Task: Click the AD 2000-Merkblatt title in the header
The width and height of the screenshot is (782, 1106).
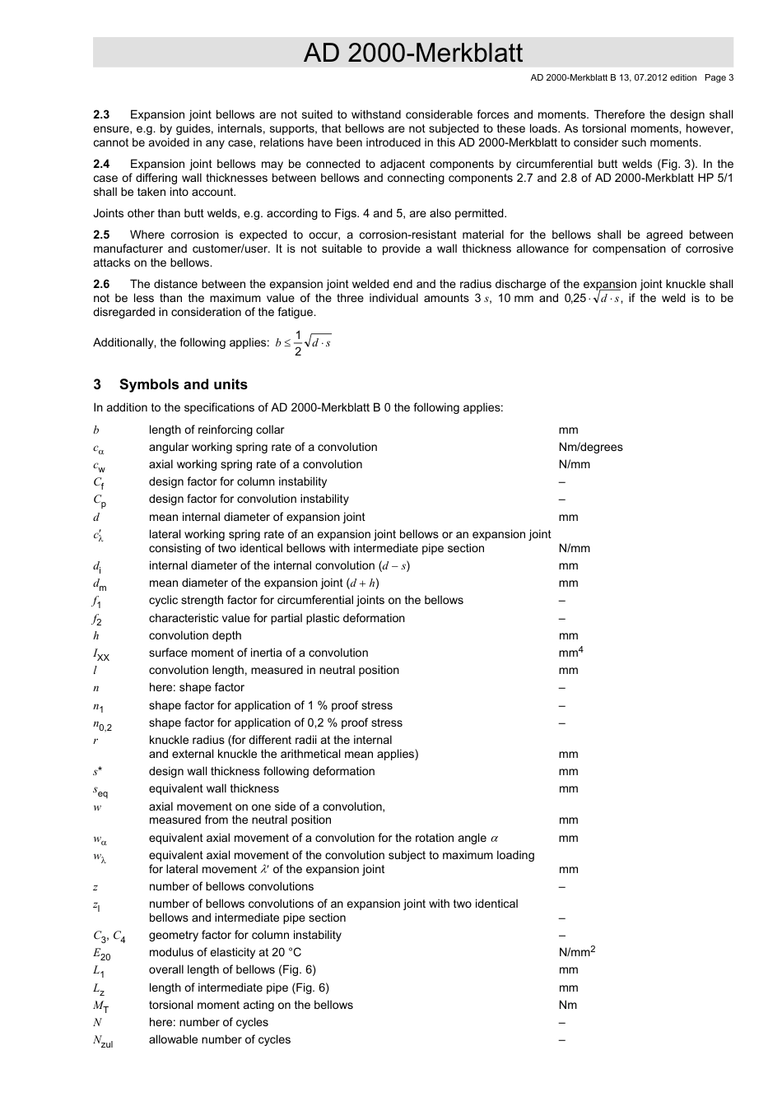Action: coord(412,53)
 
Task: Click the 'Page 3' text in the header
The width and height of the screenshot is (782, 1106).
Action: coord(719,78)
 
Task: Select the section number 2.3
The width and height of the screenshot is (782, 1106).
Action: coord(101,115)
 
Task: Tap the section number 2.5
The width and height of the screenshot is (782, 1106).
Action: coord(101,235)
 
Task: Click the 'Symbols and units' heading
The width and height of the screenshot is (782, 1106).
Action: coord(183,384)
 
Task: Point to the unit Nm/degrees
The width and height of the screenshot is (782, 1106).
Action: coord(590,448)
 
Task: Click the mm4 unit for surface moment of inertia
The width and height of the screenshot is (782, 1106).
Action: coord(570,653)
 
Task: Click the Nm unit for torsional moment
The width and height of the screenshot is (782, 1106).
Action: coord(567,1005)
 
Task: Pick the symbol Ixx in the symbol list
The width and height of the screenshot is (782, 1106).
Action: coord(100,654)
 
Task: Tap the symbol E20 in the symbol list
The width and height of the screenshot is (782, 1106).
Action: coord(101,954)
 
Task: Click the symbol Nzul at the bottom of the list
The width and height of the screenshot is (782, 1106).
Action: coord(103,1041)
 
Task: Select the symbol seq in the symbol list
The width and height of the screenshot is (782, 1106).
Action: coord(100,790)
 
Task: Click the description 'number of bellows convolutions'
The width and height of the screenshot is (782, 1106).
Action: coord(231,886)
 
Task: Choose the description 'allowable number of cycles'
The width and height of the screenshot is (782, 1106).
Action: coord(220,1039)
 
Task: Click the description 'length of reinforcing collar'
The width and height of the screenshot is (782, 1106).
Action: coord(216,430)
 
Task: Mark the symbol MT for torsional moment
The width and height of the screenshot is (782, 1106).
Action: coord(100,1006)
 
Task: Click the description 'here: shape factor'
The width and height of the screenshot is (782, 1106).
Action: coord(197,687)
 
